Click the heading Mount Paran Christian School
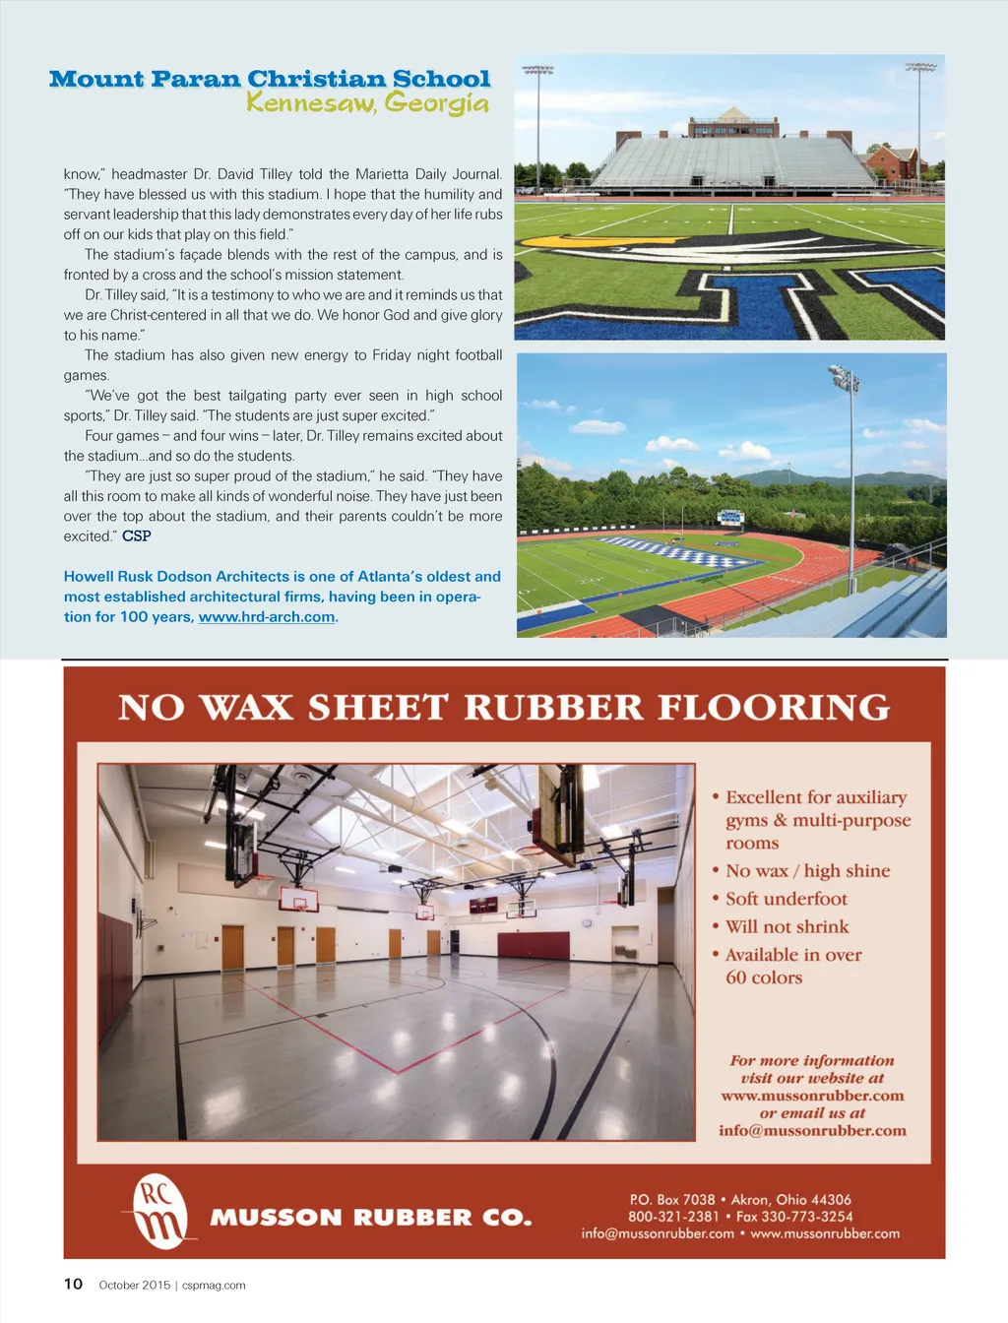click(270, 79)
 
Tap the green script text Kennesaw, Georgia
click(367, 102)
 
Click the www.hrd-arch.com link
click(267, 617)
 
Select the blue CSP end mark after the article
click(137, 536)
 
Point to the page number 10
click(73, 1284)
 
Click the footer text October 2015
click(134, 1285)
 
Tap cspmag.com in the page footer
click(214, 1285)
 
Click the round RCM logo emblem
click(159, 1211)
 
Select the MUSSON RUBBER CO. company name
click(371, 1218)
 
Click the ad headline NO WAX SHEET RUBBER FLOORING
click(504, 708)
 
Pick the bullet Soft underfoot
click(786, 899)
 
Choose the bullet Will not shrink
click(787, 926)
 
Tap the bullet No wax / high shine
click(807, 871)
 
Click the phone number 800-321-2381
click(673, 1217)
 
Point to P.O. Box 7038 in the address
click(672, 1199)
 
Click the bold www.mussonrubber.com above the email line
click(812, 1096)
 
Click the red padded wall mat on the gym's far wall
click(534, 945)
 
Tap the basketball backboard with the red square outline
click(298, 900)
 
